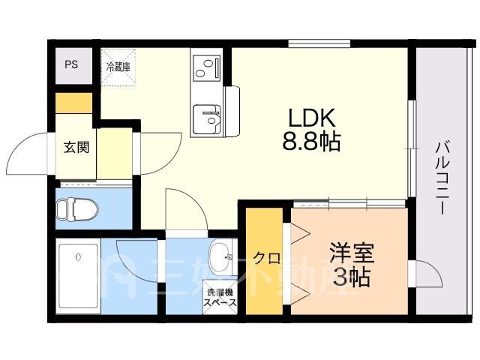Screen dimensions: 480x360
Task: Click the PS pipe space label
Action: tap(71, 64)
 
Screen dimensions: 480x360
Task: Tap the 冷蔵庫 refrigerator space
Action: tap(118, 67)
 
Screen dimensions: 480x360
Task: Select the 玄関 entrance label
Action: tap(76, 147)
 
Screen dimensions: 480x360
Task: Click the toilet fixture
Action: tap(77, 210)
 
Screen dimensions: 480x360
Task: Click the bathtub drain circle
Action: tap(79, 257)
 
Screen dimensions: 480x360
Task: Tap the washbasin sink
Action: tap(220, 257)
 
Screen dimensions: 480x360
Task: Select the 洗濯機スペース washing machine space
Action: tap(220, 298)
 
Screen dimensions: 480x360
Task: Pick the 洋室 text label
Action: tap(352, 253)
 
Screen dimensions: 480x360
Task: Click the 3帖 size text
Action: tap(351, 277)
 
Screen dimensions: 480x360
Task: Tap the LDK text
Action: tap(312, 118)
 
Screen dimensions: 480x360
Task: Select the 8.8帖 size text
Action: tap(311, 142)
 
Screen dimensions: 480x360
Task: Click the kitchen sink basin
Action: tap(206, 118)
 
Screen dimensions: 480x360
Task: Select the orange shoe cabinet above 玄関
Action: tap(73, 103)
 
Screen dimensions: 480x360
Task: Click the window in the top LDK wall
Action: tap(319, 43)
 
